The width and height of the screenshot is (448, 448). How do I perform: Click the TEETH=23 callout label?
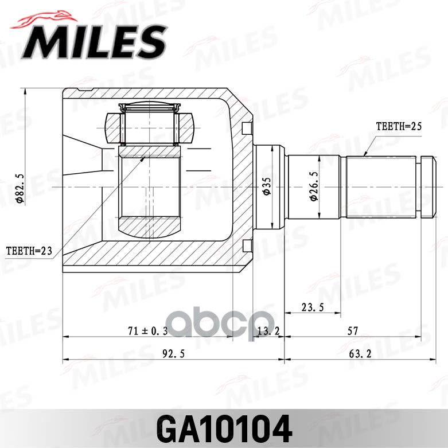28,251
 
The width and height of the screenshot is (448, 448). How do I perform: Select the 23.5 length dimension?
313,307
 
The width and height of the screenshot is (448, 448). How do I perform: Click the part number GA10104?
224,428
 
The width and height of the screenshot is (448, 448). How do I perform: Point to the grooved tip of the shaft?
427,188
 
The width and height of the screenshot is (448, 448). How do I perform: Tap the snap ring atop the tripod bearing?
149,107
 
